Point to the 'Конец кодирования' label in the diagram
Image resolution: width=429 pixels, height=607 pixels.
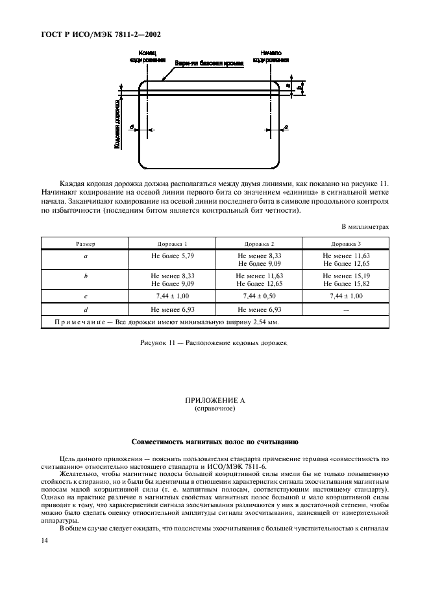[x=147, y=56]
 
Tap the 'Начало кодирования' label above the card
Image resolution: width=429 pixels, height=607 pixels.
[x=271, y=56]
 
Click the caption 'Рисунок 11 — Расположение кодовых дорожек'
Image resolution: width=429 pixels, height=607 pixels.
[x=214, y=340]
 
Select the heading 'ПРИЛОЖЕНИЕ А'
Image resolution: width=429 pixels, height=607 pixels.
[x=214, y=403]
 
